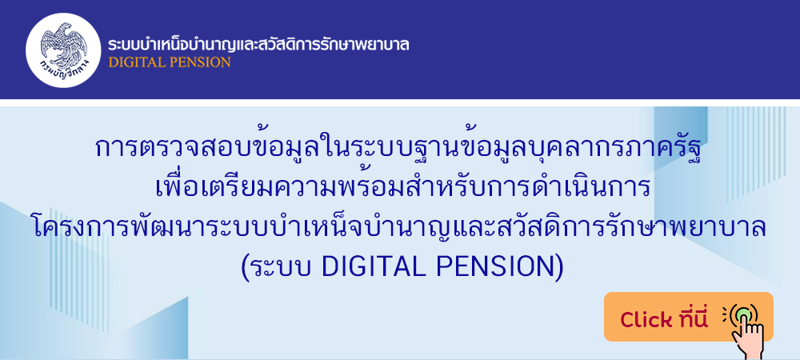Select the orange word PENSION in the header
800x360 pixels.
(201, 62)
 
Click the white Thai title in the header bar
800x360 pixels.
(258, 44)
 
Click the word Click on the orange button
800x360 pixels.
(646, 320)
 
